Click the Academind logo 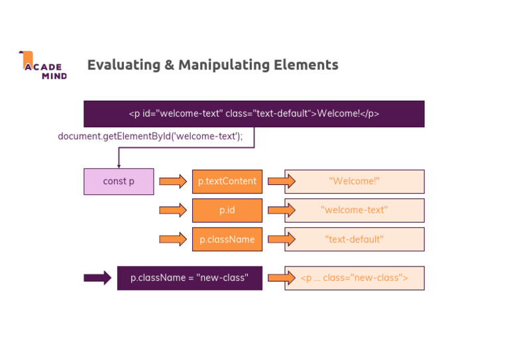pyautogui.click(x=42, y=65)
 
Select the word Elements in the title pyautogui.click(x=308, y=65)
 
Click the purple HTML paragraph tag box pyautogui.click(x=254, y=113)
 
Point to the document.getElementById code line pyautogui.click(x=150, y=136)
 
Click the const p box pyautogui.click(x=119, y=182)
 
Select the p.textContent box pyautogui.click(x=227, y=182)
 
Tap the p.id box pyautogui.click(x=227, y=210)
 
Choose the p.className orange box pyautogui.click(x=227, y=239)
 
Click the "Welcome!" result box pyautogui.click(x=355, y=182)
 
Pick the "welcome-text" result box pyautogui.click(x=355, y=210)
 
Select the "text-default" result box pyautogui.click(x=355, y=239)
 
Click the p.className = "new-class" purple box pyautogui.click(x=190, y=278)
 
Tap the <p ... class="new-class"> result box pyautogui.click(x=355, y=278)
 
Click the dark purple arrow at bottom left pyautogui.click(x=97, y=278)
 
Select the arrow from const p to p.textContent pyautogui.click(x=173, y=182)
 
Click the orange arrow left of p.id pyautogui.click(x=173, y=210)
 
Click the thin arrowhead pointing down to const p pyautogui.click(x=119, y=166)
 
